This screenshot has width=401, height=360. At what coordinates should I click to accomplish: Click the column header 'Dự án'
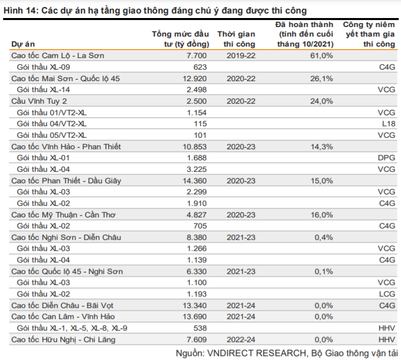[23, 44]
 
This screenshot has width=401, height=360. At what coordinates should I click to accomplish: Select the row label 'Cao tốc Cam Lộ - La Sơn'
[58, 56]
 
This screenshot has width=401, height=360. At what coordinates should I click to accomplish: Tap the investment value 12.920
[195, 78]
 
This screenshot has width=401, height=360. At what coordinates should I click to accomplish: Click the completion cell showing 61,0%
[321, 56]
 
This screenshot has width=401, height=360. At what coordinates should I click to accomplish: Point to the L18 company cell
[388, 124]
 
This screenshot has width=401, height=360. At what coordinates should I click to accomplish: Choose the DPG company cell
[386, 158]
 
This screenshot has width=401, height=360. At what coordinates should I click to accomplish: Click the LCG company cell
[387, 294]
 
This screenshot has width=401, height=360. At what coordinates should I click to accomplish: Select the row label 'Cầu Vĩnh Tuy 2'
[39, 101]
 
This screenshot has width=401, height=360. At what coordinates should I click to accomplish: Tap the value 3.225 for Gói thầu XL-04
[197, 169]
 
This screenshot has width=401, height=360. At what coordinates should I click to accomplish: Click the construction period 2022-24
[241, 339]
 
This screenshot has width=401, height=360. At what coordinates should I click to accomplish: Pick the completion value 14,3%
[322, 147]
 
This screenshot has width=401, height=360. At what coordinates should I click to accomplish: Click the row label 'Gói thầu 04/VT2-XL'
[52, 124]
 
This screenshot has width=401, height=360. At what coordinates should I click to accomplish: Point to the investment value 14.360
[195, 181]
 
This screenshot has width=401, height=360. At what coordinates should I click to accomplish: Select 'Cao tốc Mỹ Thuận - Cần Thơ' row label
[64, 215]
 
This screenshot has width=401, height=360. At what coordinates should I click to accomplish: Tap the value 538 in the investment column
[200, 328]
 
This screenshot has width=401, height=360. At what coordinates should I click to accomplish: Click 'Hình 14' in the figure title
[20, 11]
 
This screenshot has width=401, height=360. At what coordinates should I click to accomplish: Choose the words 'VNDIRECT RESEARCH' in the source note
[256, 353]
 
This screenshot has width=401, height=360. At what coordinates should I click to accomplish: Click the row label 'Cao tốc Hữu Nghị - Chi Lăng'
[64, 339]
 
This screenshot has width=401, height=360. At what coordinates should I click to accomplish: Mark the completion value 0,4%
[324, 237]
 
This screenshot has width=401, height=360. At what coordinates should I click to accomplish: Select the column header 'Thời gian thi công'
[236, 39]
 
